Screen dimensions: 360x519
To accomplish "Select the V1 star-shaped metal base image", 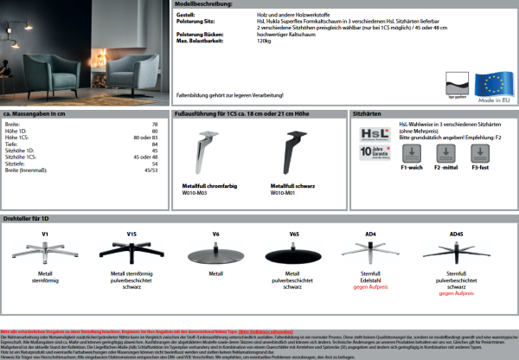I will pyautogui.click(x=44, y=253).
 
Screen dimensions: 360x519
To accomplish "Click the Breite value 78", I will pyautogui.click(x=155, y=125).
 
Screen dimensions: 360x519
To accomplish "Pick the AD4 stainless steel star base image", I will pyautogui.click(x=373, y=252).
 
